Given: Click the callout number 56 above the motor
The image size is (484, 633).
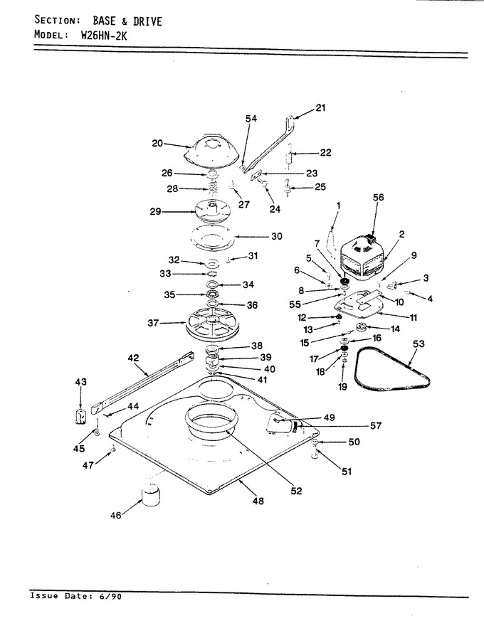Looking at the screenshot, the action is click(x=379, y=198).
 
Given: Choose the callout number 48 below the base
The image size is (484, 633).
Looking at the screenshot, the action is click(x=258, y=501).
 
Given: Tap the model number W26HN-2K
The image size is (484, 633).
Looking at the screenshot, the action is click(x=104, y=35).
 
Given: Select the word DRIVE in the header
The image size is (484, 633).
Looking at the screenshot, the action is click(x=147, y=21).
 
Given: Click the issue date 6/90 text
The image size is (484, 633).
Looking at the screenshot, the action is click(x=109, y=596).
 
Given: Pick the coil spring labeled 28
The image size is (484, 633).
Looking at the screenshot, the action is click(x=213, y=188).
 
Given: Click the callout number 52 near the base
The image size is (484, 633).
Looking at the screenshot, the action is click(x=296, y=491).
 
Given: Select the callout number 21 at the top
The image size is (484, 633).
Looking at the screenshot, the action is click(x=320, y=108).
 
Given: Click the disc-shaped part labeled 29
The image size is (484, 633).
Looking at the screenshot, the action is click(x=212, y=211).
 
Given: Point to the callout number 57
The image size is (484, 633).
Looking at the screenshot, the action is click(x=376, y=425).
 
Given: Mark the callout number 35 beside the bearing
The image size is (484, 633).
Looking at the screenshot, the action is click(x=169, y=294).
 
